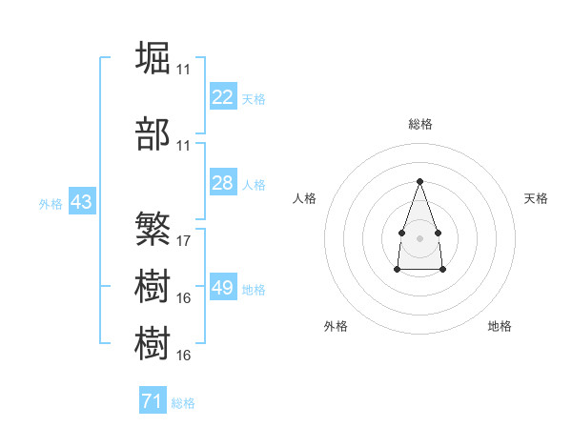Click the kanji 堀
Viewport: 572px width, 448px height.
153,57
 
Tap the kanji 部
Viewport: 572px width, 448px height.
153,133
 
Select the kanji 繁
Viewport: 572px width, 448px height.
153,229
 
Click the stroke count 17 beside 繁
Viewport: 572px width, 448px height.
183,241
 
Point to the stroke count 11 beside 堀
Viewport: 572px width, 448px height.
183,70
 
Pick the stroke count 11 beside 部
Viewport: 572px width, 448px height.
183,146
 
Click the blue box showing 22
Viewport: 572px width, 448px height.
223,96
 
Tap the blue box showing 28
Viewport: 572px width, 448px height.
223,182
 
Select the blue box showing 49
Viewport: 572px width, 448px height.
223,286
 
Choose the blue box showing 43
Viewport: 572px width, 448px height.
82,201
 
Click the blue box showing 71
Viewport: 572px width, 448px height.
153,399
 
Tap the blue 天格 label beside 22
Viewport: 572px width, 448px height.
254,99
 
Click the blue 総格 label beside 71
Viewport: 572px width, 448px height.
183,403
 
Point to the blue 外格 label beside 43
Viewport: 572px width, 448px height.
51,204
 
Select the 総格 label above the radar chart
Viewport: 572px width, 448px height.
420,124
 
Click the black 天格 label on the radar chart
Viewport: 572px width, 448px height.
536,198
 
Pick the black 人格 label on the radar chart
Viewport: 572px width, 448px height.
304,198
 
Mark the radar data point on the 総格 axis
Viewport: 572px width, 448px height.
419,181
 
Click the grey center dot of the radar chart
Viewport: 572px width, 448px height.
419,238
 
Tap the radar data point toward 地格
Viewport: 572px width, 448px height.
442,269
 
